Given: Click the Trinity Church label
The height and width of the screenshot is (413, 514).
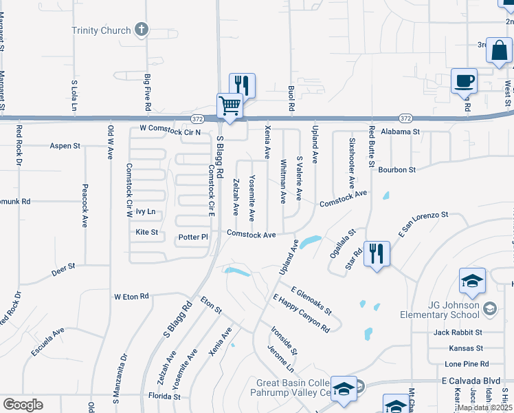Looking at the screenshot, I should pyautogui.click(x=101, y=30).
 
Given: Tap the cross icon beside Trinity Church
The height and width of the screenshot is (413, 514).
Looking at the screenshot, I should pyautogui.click(x=142, y=30).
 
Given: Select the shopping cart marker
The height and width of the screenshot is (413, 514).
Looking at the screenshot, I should pyautogui.click(x=230, y=107).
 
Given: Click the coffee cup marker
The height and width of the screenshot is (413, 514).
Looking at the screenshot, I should pyautogui.click(x=464, y=81).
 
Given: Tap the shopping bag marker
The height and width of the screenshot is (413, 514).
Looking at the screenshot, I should pyautogui.click(x=498, y=50).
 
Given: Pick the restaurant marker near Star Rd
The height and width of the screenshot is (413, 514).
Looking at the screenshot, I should pyautogui.click(x=377, y=254).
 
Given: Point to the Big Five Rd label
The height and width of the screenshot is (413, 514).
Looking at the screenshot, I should pyautogui.click(x=147, y=93).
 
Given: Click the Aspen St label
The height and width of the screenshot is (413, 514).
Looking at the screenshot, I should pyautogui.click(x=65, y=146).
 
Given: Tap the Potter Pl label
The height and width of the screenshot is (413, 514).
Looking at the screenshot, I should pyautogui.click(x=192, y=237).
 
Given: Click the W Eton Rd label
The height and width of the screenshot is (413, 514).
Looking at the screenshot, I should pyautogui.click(x=131, y=296).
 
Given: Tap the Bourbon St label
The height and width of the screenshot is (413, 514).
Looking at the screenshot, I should pyautogui.click(x=398, y=169).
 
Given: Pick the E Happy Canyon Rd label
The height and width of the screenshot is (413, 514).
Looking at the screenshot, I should pyautogui.click(x=301, y=313).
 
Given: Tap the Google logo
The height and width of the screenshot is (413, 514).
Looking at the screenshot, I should pyautogui.click(x=23, y=405).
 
